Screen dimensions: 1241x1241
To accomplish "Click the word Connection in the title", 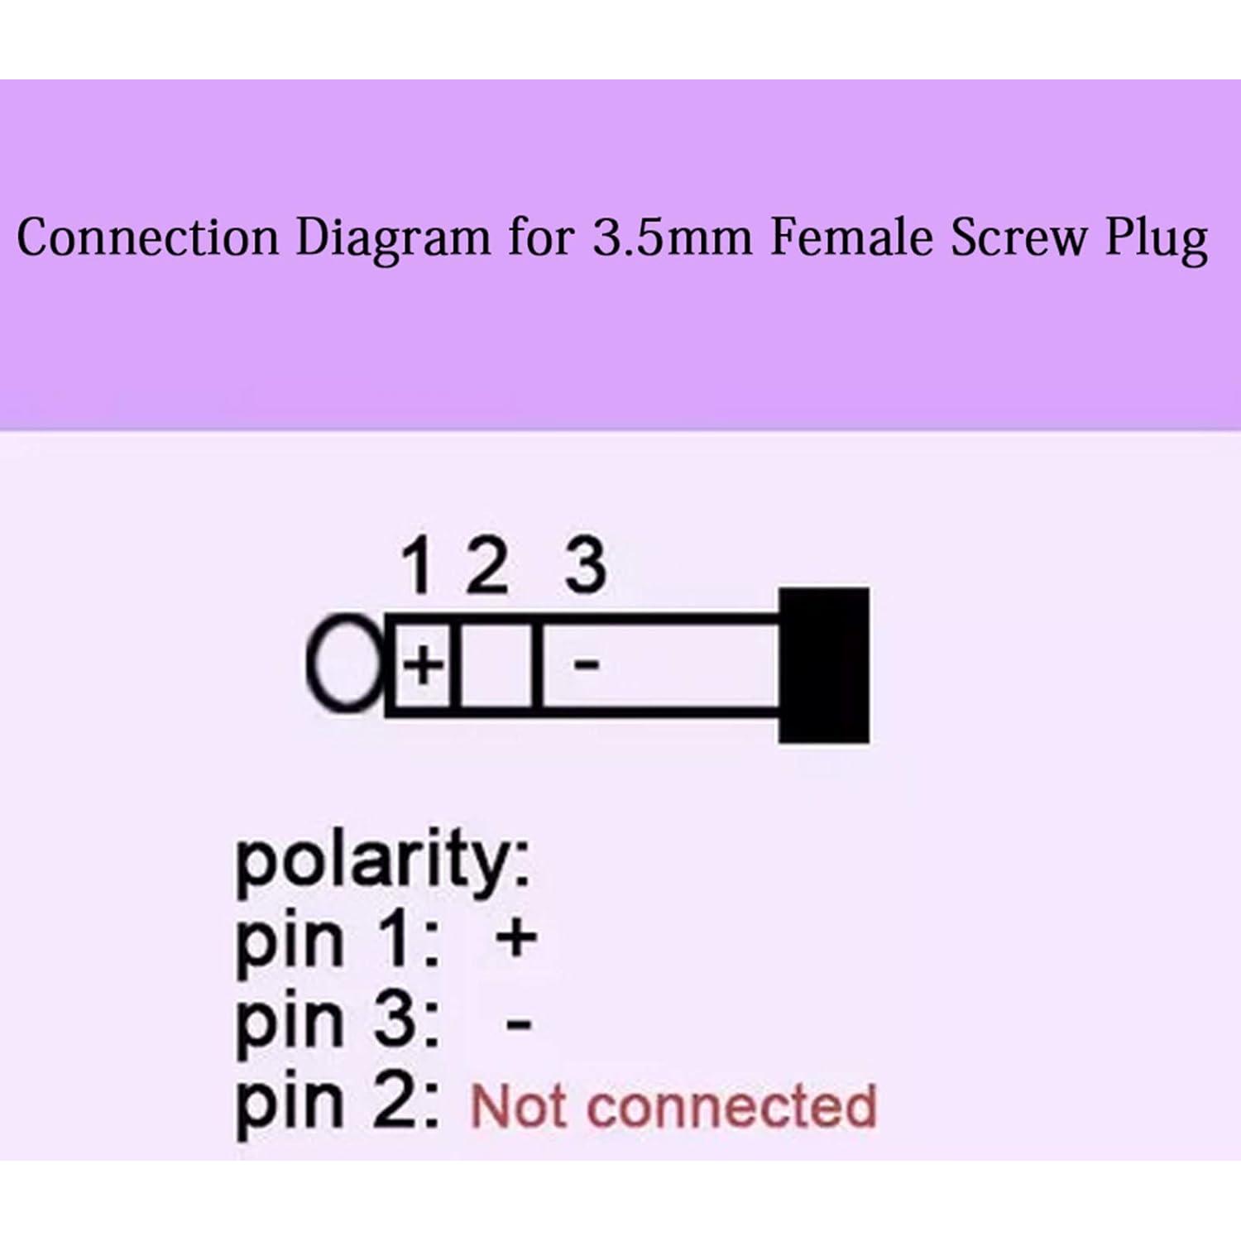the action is tap(148, 238).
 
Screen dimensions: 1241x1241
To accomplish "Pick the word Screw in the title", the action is tap(1019, 238).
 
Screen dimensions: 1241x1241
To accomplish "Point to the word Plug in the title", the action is tap(1157, 241).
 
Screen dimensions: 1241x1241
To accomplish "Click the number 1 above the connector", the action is tap(418, 566).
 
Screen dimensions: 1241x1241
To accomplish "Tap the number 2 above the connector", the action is tap(486, 566).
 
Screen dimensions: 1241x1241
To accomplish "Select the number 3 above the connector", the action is tap(586, 566).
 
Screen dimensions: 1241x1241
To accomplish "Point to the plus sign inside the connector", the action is tap(423, 664).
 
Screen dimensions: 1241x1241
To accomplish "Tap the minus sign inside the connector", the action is tap(587, 664).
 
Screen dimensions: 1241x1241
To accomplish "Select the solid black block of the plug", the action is tap(824, 665).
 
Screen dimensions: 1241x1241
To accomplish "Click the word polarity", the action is tap(383, 863).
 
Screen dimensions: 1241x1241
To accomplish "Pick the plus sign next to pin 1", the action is tap(517, 939).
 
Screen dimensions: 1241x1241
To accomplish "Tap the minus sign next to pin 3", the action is tap(519, 1025).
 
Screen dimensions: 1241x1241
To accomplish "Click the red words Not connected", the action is tap(673, 1106).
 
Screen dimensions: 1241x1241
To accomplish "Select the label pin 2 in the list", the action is tap(338, 1105).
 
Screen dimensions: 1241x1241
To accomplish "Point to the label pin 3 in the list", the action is tap(338, 1024).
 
